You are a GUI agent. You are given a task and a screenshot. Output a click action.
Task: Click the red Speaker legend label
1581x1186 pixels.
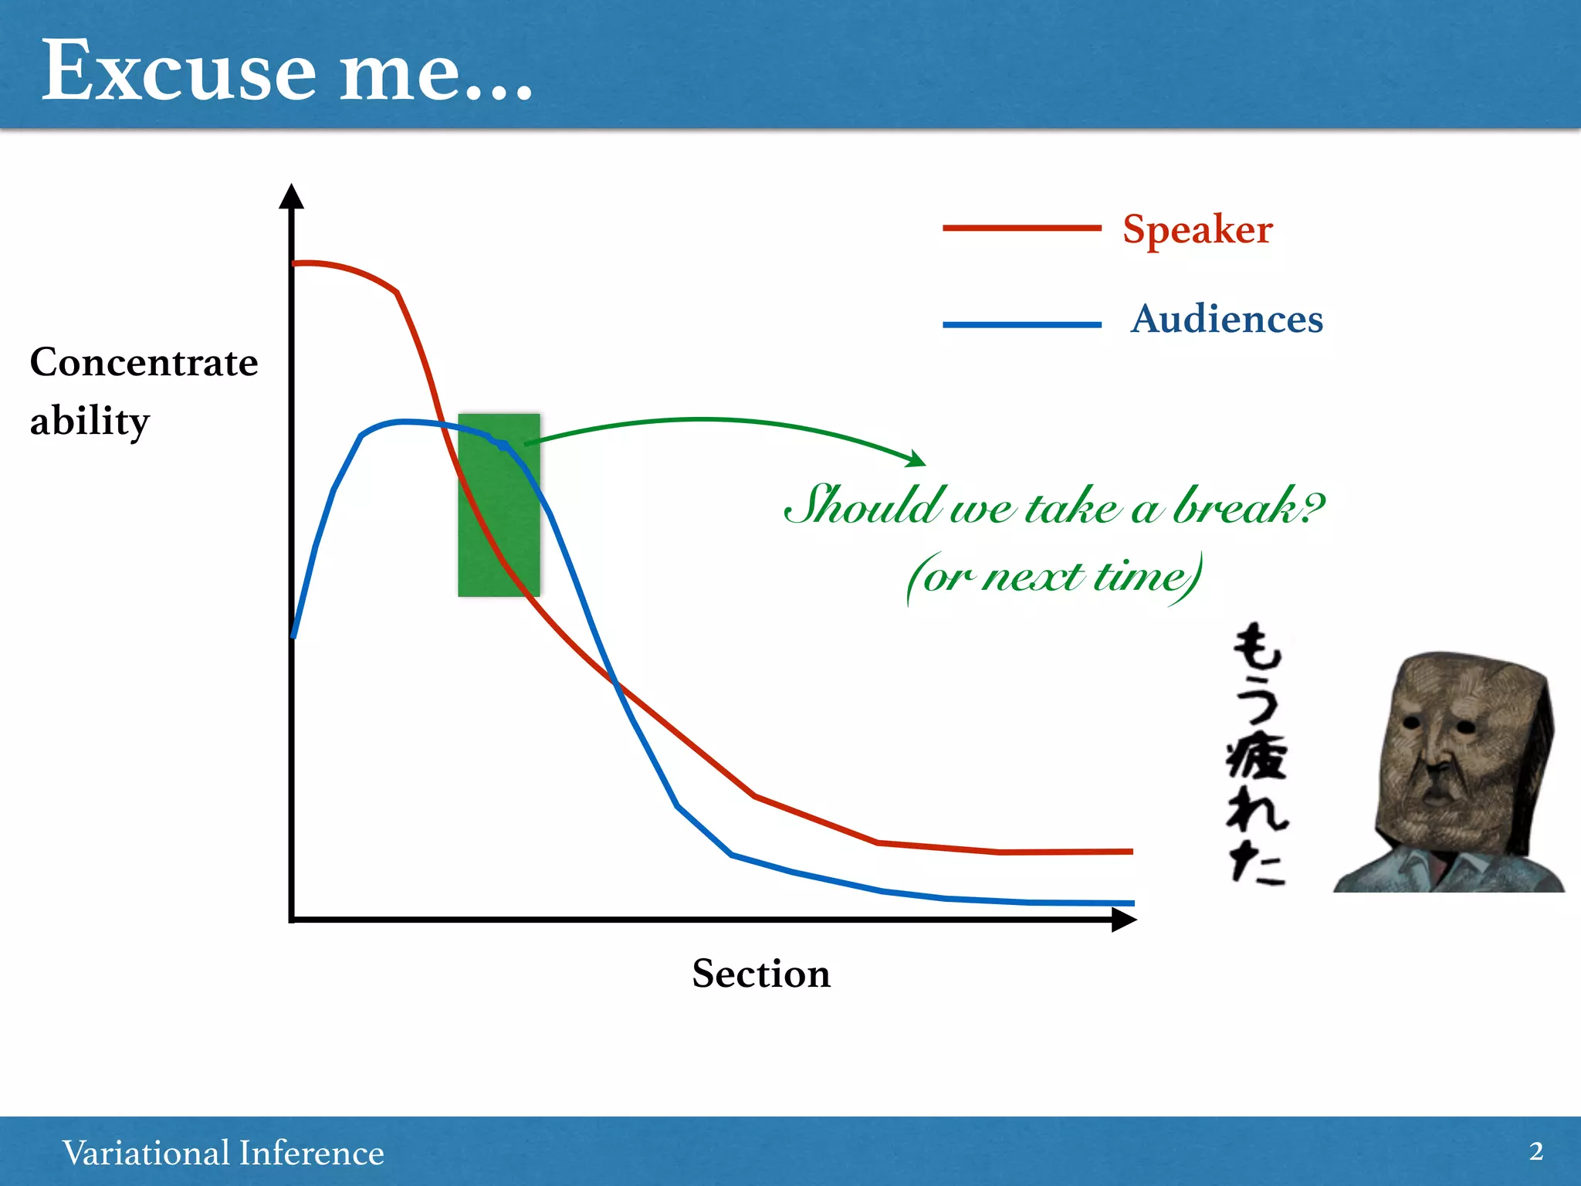pos(1197,229)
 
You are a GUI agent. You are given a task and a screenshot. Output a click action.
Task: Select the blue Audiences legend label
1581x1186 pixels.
pos(1227,319)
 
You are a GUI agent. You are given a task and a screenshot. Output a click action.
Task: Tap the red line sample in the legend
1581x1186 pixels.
pos(1021,228)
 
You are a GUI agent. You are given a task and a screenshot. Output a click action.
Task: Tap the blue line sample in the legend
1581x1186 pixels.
pos(1021,325)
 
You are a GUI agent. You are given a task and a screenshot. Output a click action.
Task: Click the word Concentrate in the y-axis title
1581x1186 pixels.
pos(144,362)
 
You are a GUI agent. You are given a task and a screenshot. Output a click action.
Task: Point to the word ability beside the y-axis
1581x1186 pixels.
pos(90,422)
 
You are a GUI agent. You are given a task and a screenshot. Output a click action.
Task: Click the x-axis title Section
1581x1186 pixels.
pos(761,973)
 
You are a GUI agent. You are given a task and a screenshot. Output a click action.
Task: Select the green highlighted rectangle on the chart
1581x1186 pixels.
pos(499,540)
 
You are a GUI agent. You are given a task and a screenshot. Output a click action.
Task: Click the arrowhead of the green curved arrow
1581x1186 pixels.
pos(917,459)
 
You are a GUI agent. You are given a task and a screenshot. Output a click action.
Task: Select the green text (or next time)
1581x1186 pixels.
pos(1055,577)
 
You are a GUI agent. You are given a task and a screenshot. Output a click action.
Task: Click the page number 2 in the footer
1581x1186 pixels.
pos(1535,1151)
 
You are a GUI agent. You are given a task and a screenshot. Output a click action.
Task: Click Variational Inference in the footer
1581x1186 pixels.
pos(223,1153)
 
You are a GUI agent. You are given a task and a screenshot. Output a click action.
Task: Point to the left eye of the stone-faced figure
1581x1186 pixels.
pos(1412,723)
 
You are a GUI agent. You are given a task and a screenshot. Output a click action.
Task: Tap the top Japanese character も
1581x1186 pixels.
pos(1257,647)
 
